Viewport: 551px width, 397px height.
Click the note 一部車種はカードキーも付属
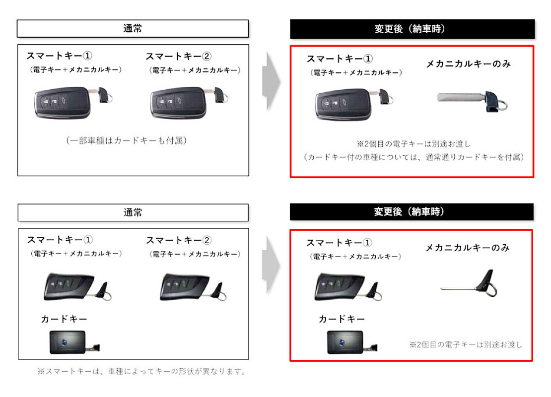tap(126, 140)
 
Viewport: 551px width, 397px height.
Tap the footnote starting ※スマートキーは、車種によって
tap(142, 371)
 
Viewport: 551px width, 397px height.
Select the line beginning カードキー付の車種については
tap(413, 157)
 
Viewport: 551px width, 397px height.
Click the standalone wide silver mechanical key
tap(472, 102)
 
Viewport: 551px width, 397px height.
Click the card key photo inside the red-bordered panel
tap(352, 342)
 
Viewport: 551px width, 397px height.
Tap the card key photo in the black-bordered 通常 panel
tap(74, 342)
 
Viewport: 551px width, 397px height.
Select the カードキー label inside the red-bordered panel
tap(341, 319)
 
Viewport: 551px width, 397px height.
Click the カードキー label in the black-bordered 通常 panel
tap(64, 319)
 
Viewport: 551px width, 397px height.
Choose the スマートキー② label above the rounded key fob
tap(178, 56)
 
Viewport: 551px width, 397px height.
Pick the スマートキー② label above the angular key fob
tap(179, 240)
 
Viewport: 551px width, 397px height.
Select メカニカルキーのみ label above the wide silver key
tap(469, 64)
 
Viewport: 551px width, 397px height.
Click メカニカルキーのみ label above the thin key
tap(468, 248)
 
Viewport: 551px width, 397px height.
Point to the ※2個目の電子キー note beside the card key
tap(466, 345)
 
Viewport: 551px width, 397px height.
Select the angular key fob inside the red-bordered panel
tap(348, 287)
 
